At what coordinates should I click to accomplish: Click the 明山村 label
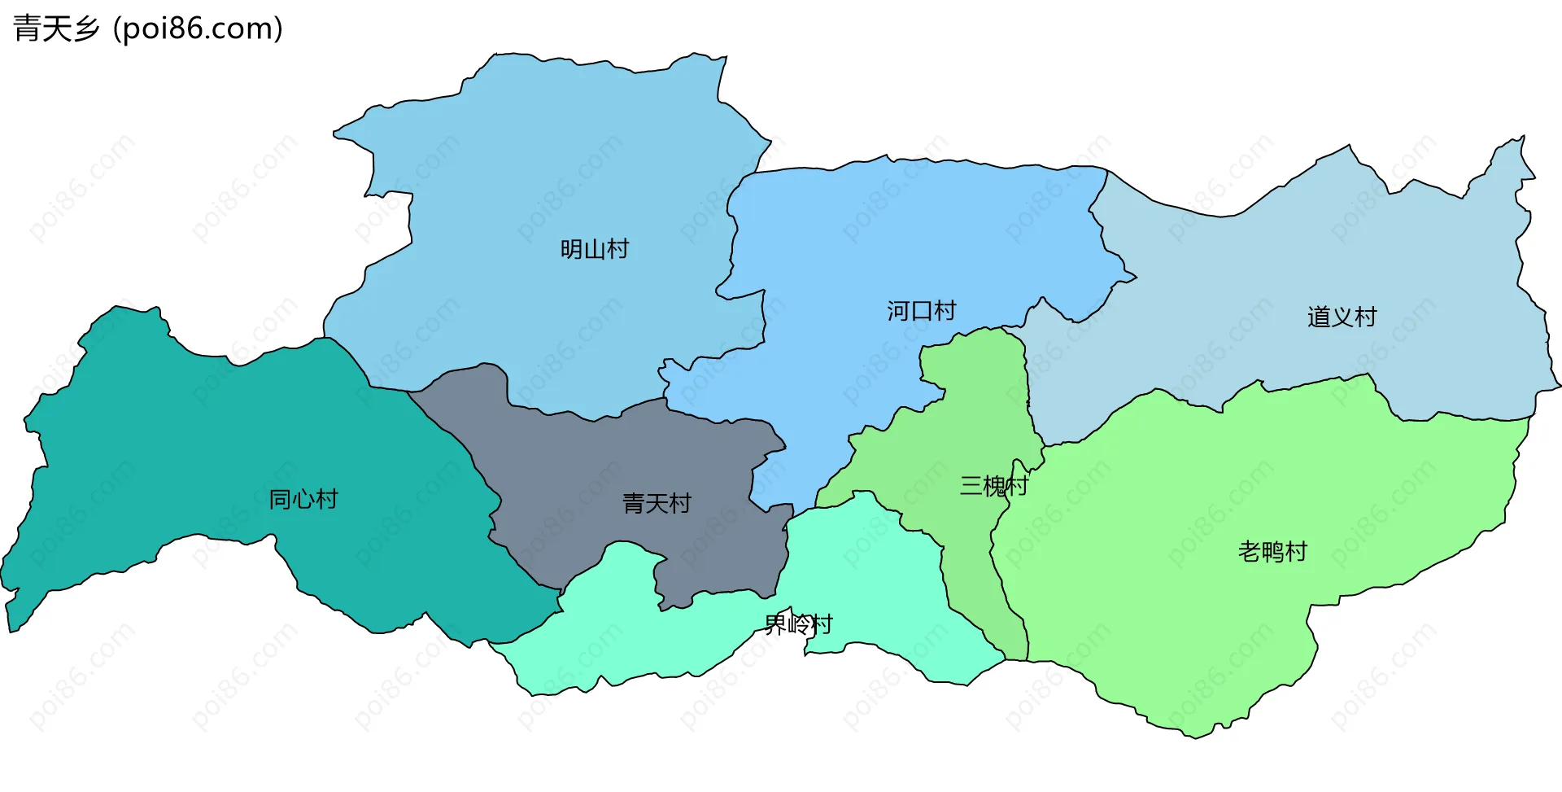[x=595, y=249]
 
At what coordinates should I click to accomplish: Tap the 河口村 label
[x=921, y=311]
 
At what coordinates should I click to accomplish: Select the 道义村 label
[x=1342, y=317]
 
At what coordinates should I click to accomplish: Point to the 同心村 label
[x=303, y=499]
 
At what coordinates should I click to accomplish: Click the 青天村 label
[x=657, y=504]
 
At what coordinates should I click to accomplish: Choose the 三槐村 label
[x=994, y=486]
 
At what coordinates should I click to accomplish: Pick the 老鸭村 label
[x=1272, y=552]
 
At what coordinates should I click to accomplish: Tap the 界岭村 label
[x=798, y=624]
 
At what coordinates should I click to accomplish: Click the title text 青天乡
[x=56, y=29]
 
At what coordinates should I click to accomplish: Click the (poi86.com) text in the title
[x=198, y=29]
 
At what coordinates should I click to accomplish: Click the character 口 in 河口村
[x=921, y=311]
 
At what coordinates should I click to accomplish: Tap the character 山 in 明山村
[x=595, y=249]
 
